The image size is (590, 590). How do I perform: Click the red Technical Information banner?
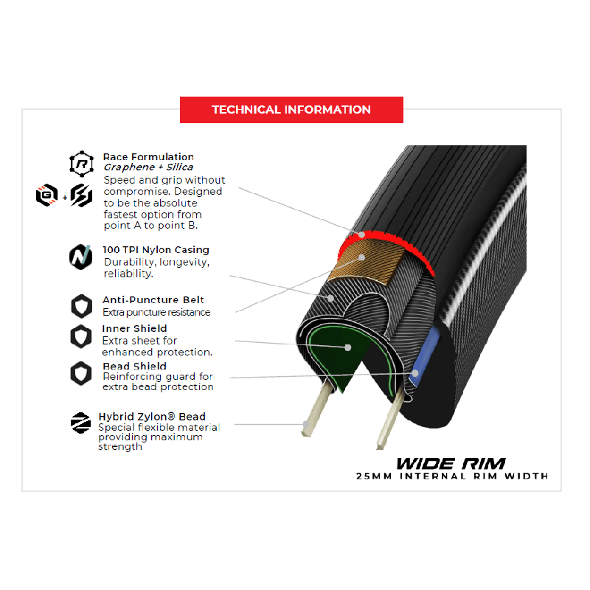point(291,109)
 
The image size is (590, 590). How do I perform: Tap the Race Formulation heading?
point(148,156)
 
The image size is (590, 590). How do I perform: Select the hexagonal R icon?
point(82,164)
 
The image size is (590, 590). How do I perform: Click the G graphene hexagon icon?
point(47,195)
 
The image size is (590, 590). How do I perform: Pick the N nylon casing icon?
point(81,257)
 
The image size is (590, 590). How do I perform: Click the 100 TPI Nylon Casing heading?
point(156,250)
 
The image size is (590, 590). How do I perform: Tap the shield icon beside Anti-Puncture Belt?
point(82,306)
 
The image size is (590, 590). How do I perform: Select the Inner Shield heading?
point(134,328)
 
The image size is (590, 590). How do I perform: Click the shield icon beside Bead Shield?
point(81,373)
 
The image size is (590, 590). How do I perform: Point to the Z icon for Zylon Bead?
point(80,423)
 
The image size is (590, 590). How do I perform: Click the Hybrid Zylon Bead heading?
point(152,417)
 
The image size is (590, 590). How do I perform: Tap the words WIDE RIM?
point(451,464)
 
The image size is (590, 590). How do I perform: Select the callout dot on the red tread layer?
point(361,235)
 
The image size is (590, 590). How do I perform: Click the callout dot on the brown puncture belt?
point(361,257)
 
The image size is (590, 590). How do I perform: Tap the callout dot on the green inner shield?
point(348,347)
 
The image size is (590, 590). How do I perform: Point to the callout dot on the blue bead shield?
point(415,373)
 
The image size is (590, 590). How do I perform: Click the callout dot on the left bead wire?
point(306,425)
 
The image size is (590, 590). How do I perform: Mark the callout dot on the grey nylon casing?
point(330,299)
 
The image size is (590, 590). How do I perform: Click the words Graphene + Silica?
point(148,167)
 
